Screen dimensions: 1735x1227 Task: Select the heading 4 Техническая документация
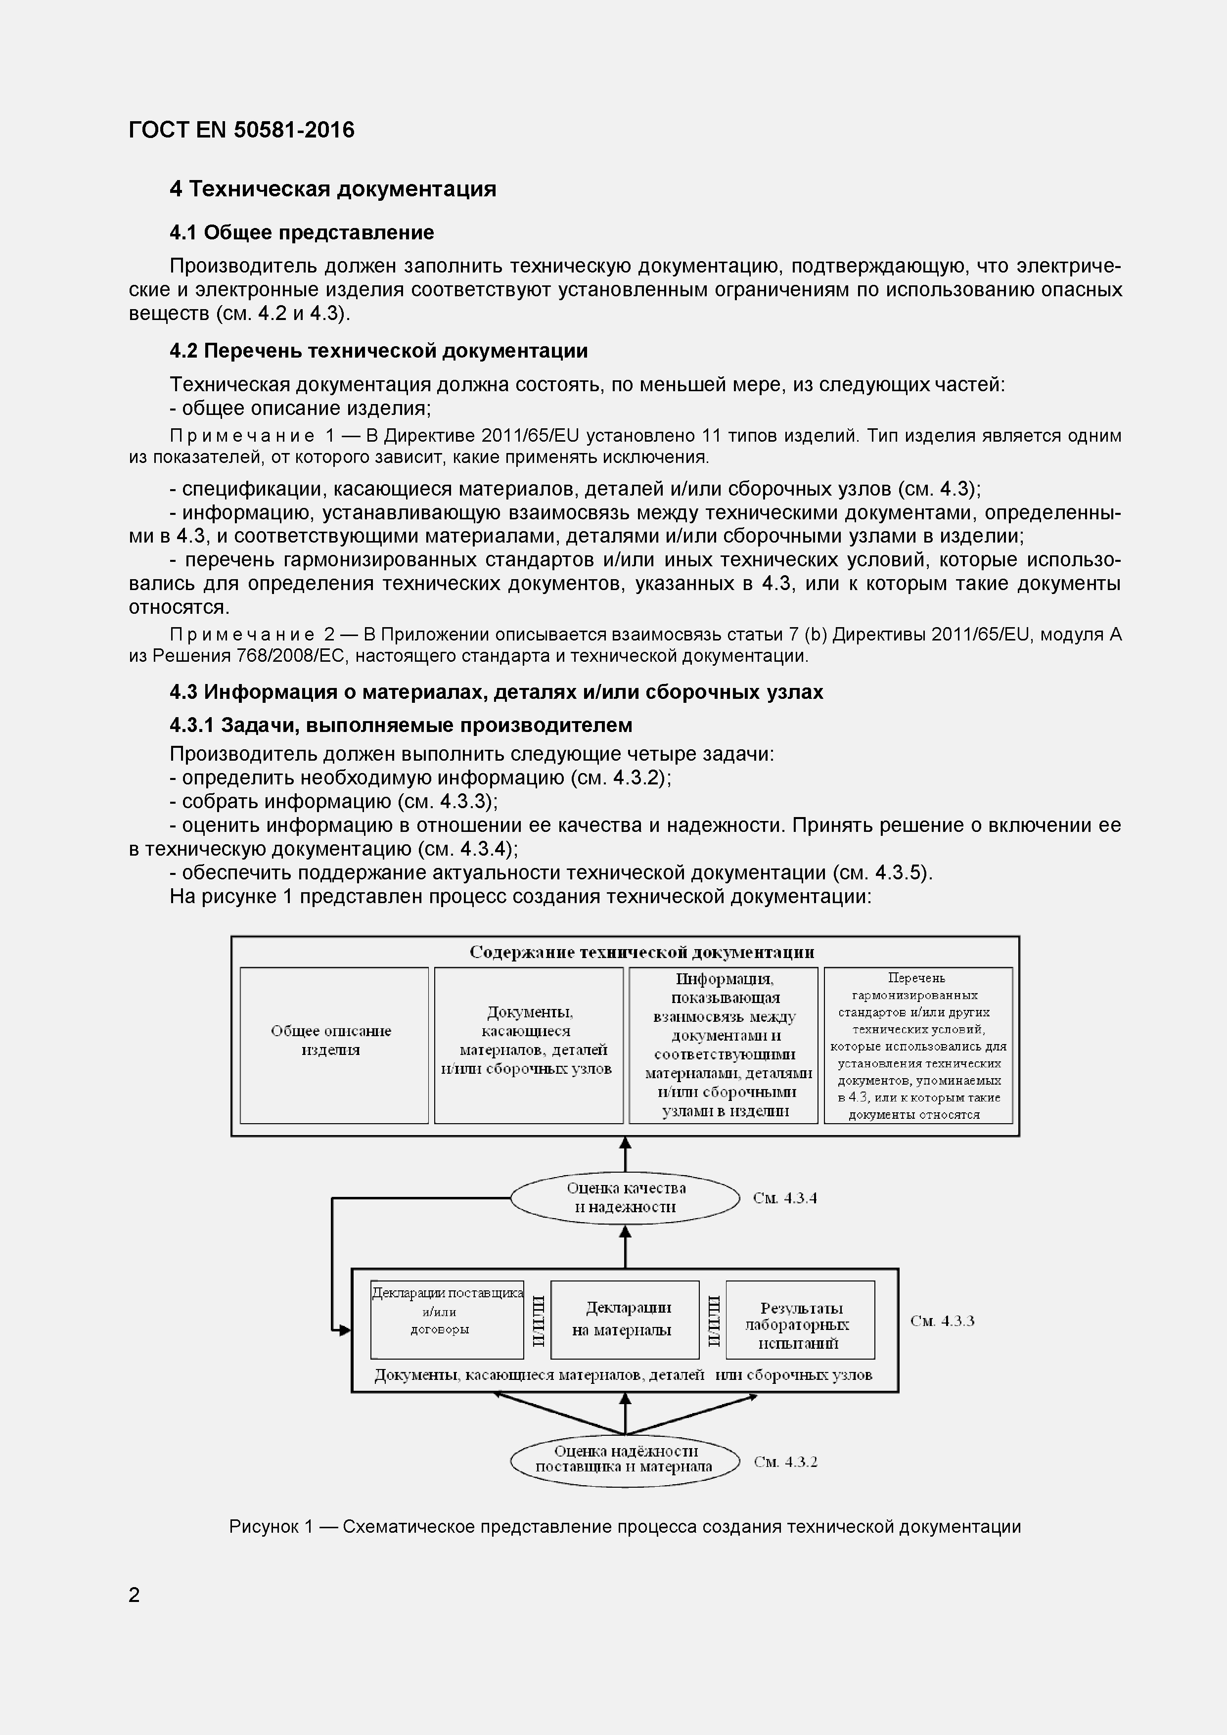click(x=332, y=189)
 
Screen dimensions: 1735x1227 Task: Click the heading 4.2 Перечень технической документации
click(x=378, y=351)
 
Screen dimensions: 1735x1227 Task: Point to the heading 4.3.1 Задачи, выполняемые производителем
click(x=401, y=726)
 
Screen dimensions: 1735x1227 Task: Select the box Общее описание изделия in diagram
click(x=333, y=1045)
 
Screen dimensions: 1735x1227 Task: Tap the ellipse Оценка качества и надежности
click(x=625, y=1198)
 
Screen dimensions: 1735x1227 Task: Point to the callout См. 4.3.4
click(x=784, y=1198)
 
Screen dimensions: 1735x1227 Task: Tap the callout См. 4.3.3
click(x=942, y=1321)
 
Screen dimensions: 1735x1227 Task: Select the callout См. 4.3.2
click(x=785, y=1461)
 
